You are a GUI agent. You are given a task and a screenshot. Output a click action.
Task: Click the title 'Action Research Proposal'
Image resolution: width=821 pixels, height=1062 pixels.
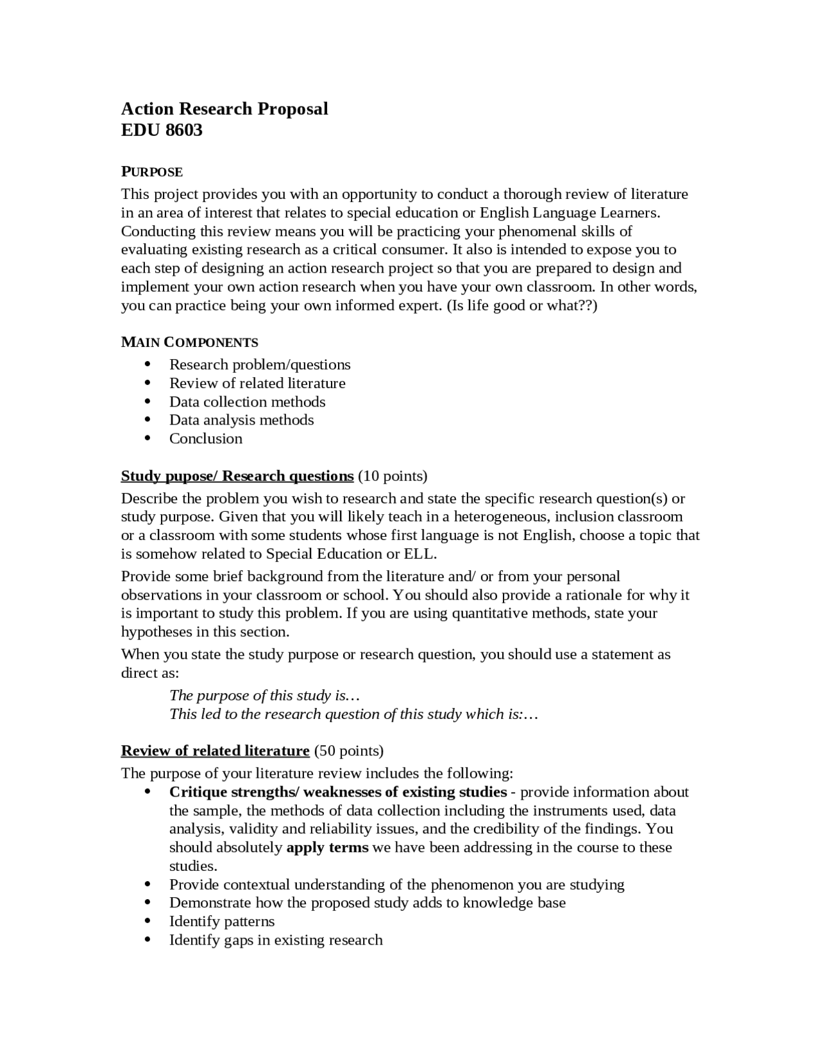224,108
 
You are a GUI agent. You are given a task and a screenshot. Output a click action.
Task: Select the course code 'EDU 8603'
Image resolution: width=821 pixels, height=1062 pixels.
162,130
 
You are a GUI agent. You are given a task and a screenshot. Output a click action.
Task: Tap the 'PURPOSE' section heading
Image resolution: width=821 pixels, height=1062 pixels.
152,172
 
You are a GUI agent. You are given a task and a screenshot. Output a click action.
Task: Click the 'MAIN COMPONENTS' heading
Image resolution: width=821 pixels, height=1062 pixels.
189,342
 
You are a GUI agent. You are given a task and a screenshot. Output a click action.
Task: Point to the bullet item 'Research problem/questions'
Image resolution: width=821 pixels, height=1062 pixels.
260,364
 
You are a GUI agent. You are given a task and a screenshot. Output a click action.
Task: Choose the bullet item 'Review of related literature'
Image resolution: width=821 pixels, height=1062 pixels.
257,383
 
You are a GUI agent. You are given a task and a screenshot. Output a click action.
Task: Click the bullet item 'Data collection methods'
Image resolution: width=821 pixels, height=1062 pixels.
247,401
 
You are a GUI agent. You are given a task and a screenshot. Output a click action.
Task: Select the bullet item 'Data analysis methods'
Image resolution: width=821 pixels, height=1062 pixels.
241,419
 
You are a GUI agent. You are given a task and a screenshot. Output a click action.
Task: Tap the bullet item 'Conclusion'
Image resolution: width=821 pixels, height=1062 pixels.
206,438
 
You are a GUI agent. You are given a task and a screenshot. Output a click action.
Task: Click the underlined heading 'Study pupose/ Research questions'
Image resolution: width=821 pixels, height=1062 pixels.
237,476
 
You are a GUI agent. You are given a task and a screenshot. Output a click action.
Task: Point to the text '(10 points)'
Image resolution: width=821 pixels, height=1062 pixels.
393,476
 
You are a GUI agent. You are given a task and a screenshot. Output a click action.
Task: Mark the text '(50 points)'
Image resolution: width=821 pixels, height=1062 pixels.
349,750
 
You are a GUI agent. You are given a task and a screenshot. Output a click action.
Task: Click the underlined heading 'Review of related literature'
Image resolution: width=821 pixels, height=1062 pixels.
216,750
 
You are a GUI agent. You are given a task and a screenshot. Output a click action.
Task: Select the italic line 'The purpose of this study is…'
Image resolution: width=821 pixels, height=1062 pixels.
258,695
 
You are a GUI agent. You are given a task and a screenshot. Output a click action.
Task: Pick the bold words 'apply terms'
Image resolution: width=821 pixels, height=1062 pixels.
327,847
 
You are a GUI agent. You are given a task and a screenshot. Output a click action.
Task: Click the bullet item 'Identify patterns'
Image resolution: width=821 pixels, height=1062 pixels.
222,922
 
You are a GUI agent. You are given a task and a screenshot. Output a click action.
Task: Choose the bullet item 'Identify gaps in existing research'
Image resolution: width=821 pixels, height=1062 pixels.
276,940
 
